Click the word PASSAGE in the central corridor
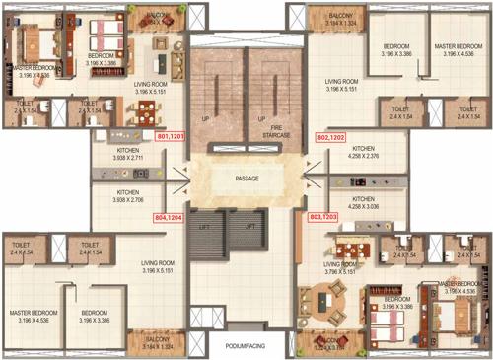[x=246, y=180]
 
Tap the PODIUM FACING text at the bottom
[x=246, y=346]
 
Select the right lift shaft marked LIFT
[x=249, y=226]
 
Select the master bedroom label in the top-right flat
[x=458, y=49]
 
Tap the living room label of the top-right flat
[x=341, y=86]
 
